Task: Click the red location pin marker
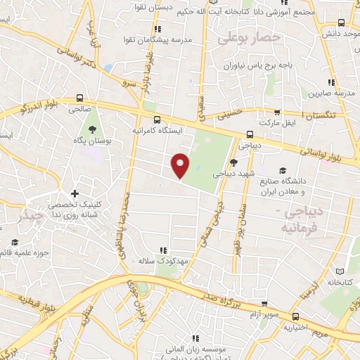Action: point(181,165)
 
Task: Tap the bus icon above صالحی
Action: point(79,98)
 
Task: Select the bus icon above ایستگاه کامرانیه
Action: point(157,120)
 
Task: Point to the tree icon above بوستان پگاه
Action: point(91,128)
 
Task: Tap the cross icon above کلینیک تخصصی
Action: point(75,193)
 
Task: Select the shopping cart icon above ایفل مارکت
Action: point(278,111)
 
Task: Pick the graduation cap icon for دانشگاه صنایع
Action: point(283,170)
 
